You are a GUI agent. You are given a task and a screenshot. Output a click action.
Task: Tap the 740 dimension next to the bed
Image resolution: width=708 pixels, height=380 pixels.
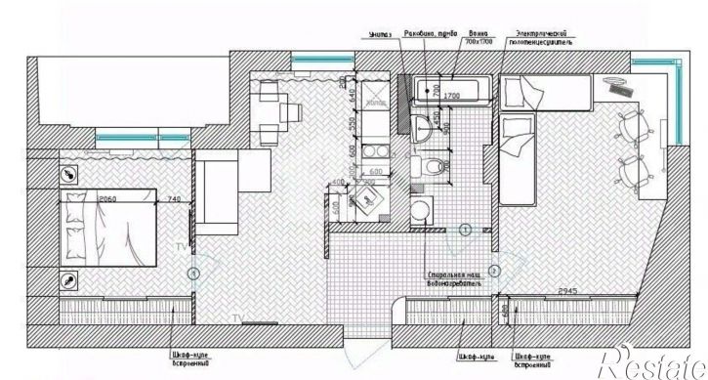point(174,199)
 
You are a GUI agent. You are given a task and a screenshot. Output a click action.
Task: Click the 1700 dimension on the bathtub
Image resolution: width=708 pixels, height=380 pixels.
point(452,96)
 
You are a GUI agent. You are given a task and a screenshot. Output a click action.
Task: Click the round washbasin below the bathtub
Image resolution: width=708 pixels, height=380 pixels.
point(422,123)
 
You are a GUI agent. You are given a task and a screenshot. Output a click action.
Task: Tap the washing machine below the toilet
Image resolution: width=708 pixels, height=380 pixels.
point(421,209)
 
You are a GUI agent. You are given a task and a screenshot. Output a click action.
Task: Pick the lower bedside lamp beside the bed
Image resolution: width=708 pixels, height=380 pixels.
point(68,280)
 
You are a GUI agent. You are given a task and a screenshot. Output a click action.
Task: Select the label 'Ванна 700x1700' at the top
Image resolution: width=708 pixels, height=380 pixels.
point(479,37)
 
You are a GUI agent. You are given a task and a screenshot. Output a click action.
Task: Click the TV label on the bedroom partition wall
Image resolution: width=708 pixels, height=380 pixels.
point(180,248)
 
